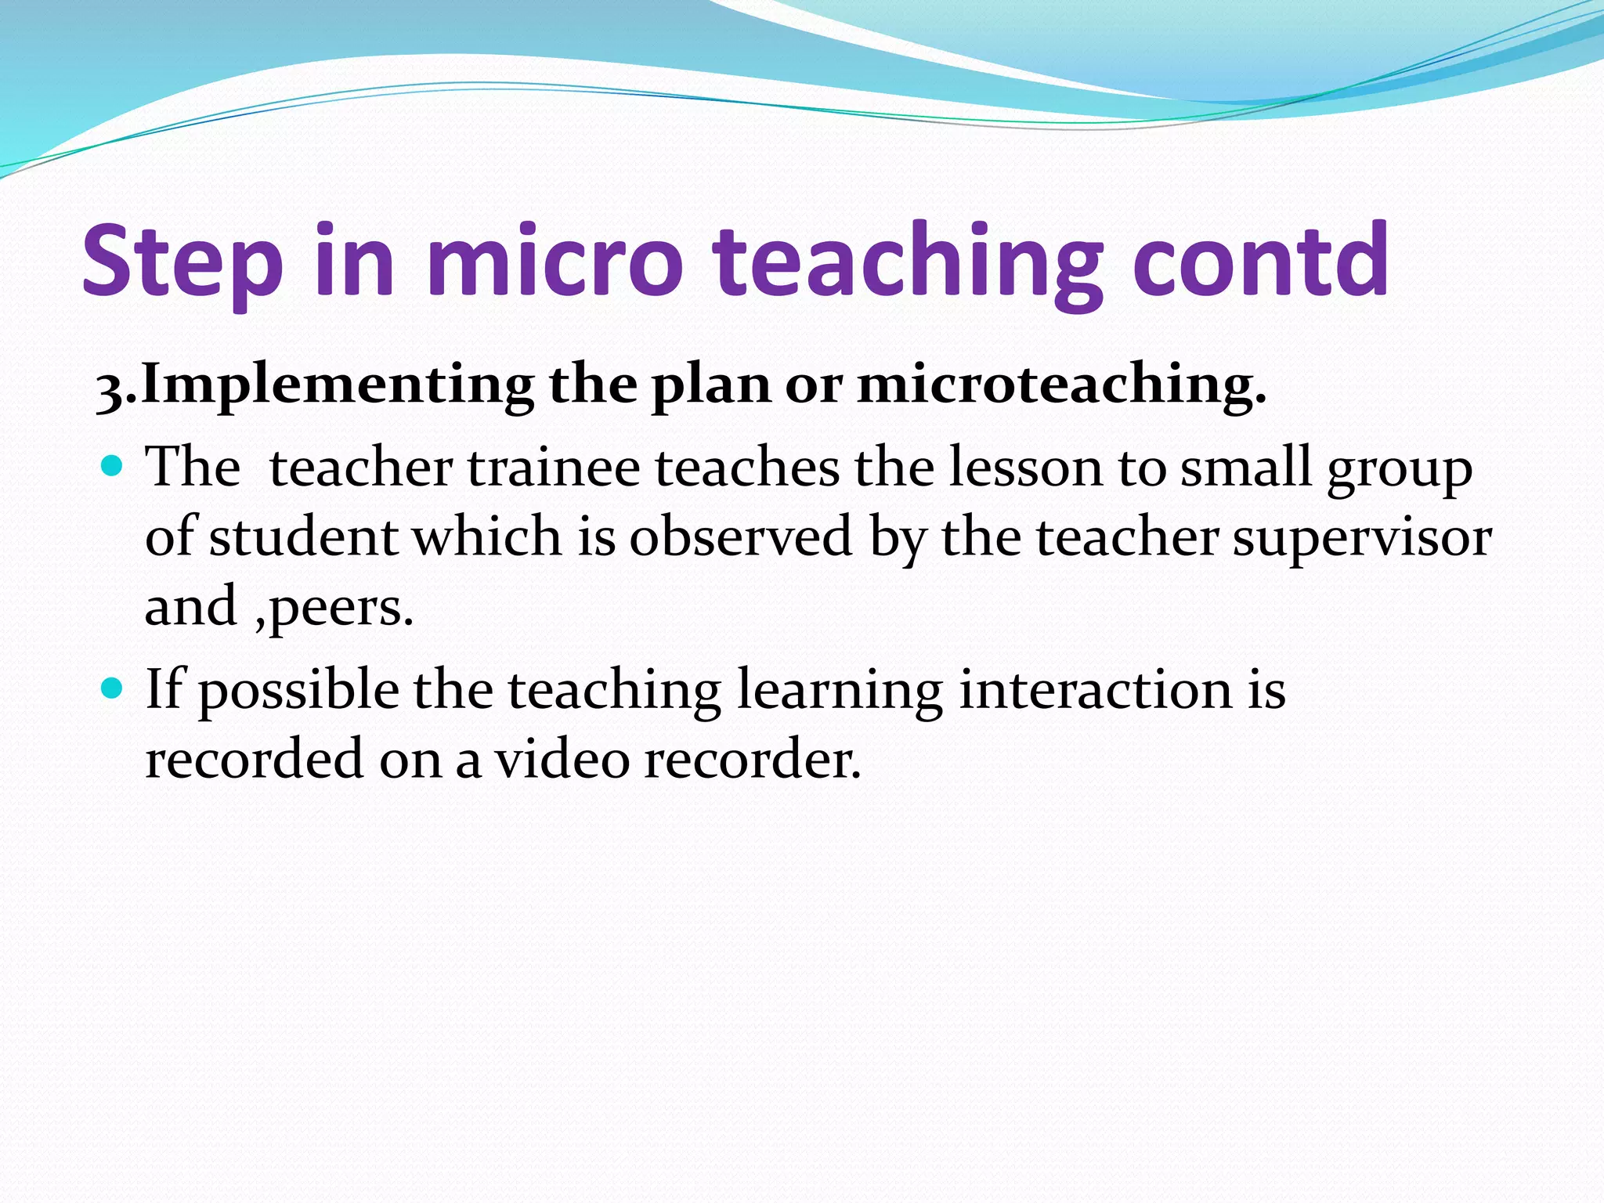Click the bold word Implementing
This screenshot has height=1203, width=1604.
(x=337, y=386)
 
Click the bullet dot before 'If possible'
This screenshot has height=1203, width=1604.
(x=113, y=688)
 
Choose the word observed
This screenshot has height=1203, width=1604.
(x=741, y=537)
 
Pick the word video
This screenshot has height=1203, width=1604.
(x=562, y=758)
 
